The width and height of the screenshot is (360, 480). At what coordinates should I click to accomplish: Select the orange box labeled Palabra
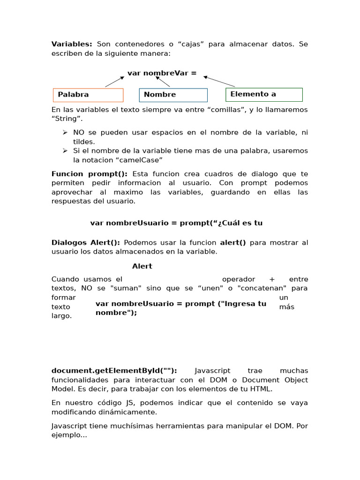click(x=88, y=95)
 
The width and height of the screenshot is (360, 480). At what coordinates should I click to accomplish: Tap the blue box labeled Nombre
click(x=173, y=95)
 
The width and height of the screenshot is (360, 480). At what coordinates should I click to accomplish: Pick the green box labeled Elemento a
click(x=264, y=94)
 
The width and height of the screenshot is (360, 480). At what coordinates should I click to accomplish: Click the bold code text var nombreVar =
click(x=162, y=73)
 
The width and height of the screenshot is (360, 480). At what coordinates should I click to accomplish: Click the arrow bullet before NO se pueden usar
click(x=65, y=133)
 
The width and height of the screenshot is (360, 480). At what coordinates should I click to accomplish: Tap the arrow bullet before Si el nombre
click(x=65, y=150)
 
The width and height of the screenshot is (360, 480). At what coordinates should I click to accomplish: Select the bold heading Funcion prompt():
click(x=89, y=174)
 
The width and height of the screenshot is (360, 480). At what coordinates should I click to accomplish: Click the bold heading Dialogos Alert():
click(x=85, y=242)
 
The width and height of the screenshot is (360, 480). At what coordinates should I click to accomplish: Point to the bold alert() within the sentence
click(x=233, y=242)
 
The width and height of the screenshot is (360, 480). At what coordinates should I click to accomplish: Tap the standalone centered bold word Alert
click(x=142, y=266)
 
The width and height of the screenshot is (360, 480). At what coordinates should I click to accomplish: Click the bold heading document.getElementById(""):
click(x=114, y=370)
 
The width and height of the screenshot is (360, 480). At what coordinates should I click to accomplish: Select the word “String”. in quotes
click(x=63, y=119)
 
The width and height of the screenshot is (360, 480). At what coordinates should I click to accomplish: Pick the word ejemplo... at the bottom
click(x=69, y=435)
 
